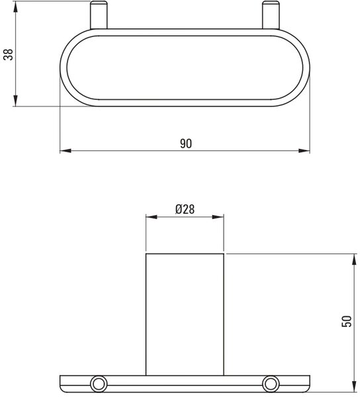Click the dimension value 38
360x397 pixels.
click(x=9, y=54)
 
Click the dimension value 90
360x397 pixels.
click(x=186, y=144)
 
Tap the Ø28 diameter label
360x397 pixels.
click(x=185, y=210)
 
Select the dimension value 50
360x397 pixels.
click(x=347, y=322)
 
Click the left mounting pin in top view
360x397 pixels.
click(x=99, y=15)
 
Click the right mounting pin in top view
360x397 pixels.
click(x=271, y=15)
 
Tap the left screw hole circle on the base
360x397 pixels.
click(x=99, y=384)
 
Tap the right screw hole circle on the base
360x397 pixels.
click(x=271, y=384)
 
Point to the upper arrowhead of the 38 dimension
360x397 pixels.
click(x=16, y=7)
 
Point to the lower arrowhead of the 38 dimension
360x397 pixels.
click(x=16, y=101)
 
